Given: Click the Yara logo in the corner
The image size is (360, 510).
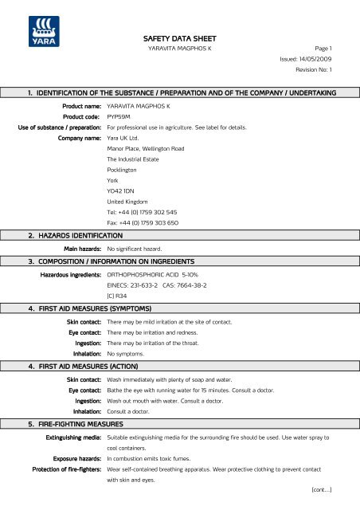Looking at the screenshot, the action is (x=29, y=35).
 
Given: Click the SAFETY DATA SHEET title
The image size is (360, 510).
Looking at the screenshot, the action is (x=179, y=37).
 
